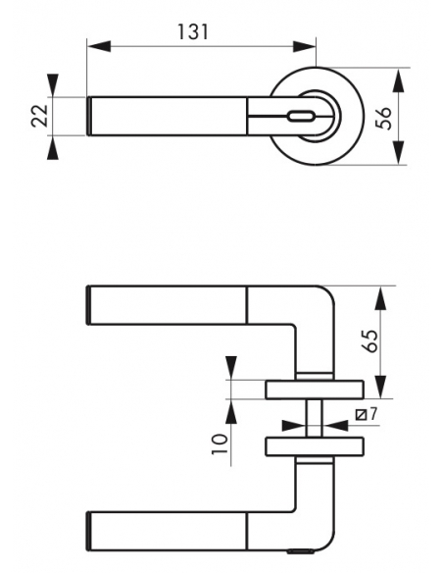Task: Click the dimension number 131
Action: click(193, 32)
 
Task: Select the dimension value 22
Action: click(40, 116)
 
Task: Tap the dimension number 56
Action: click(384, 118)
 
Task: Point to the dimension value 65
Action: click(371, 340)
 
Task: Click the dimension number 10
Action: click(220, 444)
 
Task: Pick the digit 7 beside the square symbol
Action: click(372, 414)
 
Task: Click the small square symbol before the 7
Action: click(362, 415)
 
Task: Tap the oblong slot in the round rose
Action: click(301, 117)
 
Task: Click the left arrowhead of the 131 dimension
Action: click(99, 46)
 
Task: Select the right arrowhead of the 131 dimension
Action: click(305, 46)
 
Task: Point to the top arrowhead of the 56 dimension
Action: click(400, 80)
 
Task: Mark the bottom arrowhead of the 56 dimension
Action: click(400, 153)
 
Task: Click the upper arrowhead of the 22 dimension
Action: click(53, 85)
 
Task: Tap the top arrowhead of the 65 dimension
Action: click(380, 298)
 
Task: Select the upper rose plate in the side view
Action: click(315, 390)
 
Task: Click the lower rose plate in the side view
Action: click(315, 446)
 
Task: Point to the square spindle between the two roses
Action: click(315, 418)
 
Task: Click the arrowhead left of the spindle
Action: click(294, 426)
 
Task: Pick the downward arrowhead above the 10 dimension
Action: click(231, 368)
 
